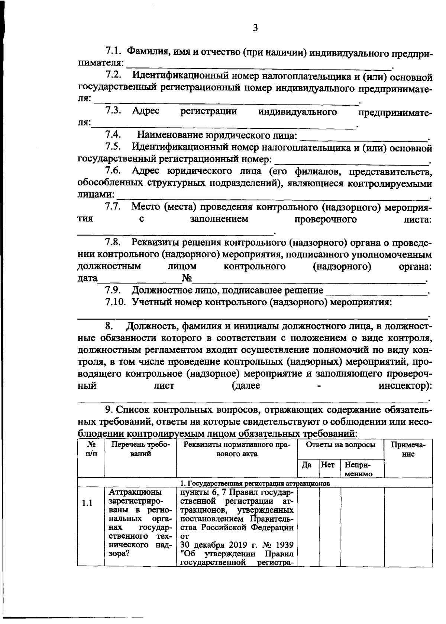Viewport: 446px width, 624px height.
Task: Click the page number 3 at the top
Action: (255, 28)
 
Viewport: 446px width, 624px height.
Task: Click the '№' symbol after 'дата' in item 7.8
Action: (187, 278)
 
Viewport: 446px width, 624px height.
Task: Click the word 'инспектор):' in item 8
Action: (405, 386)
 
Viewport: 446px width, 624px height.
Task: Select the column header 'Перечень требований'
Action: (140, 449)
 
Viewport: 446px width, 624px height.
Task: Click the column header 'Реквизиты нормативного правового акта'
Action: (236, 449)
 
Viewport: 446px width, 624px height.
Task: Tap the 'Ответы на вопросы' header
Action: (340, 445)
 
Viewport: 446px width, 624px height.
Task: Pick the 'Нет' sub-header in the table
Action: (328, 465)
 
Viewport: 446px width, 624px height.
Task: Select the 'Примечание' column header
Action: (408, 449)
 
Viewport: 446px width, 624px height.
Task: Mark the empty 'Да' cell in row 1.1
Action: (308, 526)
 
